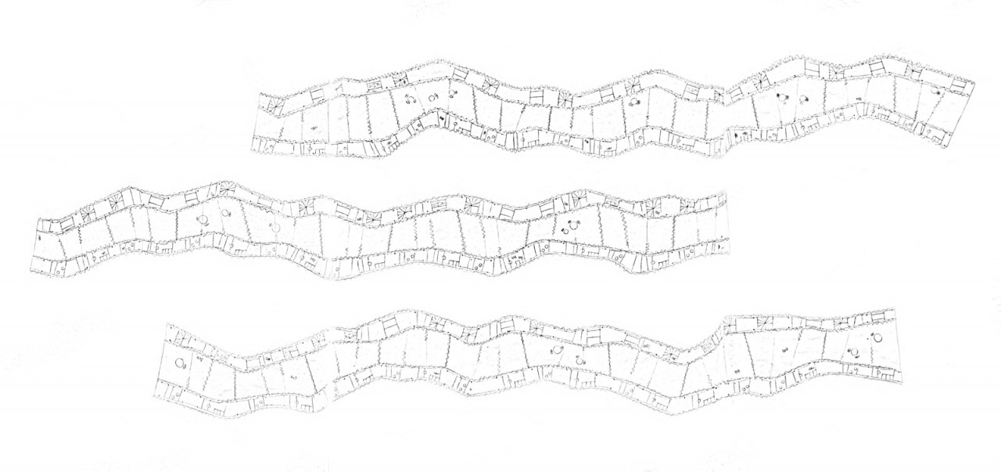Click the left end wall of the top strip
click(x=253, y=125)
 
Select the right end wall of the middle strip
click(x=728, y=223)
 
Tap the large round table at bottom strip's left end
click(x=181, y=362)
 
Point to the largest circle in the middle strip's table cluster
click(x=569, y=226)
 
